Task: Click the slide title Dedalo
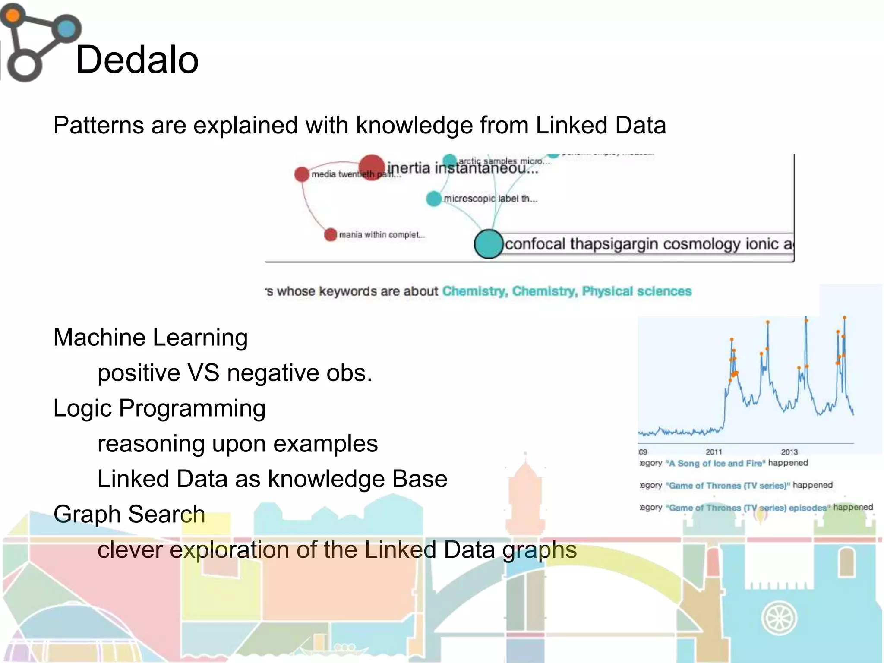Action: pos(137,60)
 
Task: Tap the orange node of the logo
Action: pos(13,16)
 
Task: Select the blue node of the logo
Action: pos(66,29)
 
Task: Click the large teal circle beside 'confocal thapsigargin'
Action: pos(489,244)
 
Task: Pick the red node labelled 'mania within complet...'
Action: pos(330,235)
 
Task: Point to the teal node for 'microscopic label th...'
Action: pos(434,199)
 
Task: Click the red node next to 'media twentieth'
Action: pos(302,174)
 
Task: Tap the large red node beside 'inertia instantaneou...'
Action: pos(372,167)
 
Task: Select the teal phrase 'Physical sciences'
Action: pos(637,291)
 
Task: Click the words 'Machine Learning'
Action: pos(150,338)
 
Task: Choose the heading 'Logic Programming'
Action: pos(159,408)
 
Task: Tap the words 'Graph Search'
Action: pos(129,515)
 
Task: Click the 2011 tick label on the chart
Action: pos(714,452)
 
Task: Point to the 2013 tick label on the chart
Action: pos(789,452)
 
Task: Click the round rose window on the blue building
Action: pos(779,618)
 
